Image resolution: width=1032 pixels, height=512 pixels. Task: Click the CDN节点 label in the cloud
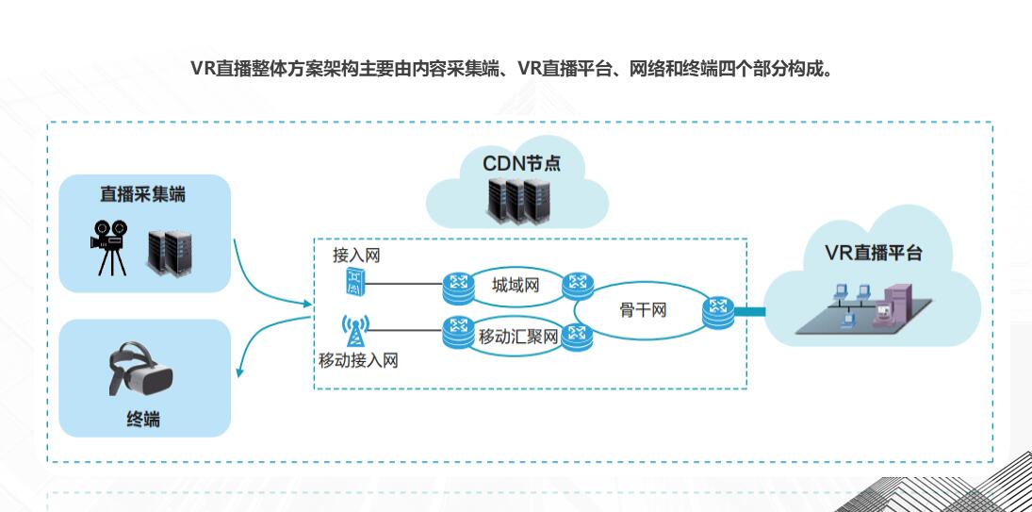tap(522, 162)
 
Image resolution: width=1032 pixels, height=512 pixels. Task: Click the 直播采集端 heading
tap(143, 195)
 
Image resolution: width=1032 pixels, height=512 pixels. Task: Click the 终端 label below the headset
tap(143, 420)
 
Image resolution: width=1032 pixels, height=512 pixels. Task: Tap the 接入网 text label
tap(356, 256)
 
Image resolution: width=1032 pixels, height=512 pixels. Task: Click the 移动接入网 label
tap(358, 360)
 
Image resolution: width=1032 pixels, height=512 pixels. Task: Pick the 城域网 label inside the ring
tap(516, 285)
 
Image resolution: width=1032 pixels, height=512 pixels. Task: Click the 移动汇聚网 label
tap(518, 338)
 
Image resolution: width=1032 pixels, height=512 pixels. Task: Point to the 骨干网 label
tap(643, 310)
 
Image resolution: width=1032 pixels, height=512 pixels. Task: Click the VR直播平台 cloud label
tap(874, 254)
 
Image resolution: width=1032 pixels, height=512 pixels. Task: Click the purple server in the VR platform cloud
tap(892, 304)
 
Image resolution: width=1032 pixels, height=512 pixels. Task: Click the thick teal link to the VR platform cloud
tap(749, 312)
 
